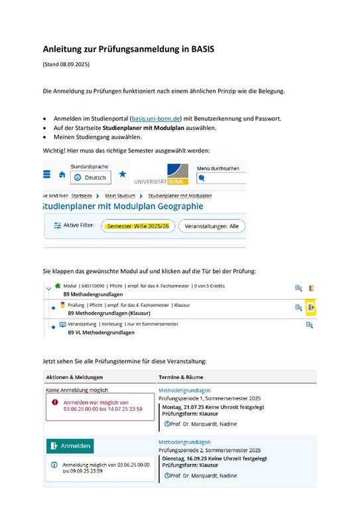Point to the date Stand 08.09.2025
click(x=66, y=64)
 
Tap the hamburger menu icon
click(x=46, y=174)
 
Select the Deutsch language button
click(x=90, y=178)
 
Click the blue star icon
click(x=122, y=174)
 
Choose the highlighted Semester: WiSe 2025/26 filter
click(x=137, y=226)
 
